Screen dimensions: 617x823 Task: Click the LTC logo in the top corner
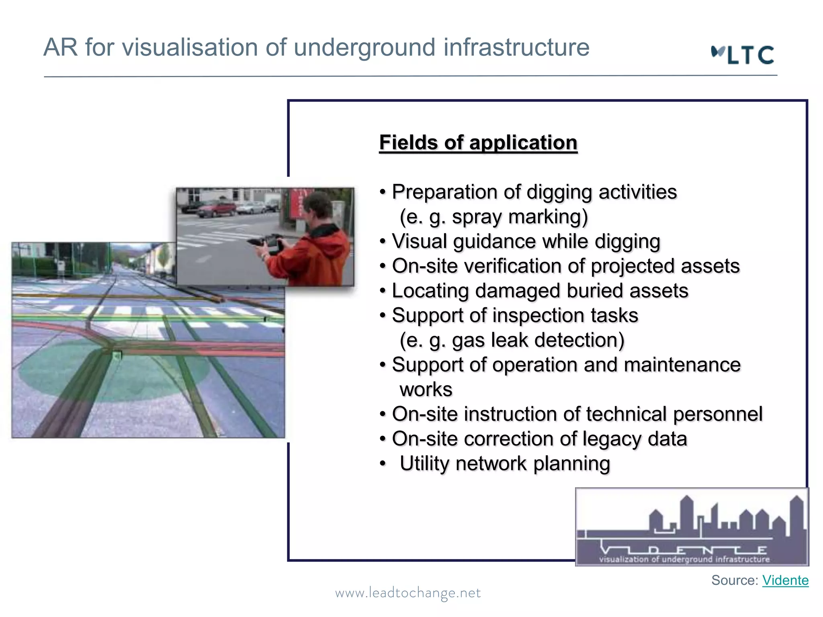point(743,55)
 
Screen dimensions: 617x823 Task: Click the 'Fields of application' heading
point(478,143)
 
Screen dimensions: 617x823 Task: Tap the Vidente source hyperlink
point(785,580)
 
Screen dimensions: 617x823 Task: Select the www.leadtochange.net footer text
point(408,593)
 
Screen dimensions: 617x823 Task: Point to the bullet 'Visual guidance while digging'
point(526,241)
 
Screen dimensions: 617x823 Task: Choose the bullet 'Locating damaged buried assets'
point(540,291)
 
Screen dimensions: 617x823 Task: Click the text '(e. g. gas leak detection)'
point(512,340)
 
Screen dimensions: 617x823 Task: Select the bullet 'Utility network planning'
point(505,464)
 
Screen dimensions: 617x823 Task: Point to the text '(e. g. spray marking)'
point(494,217)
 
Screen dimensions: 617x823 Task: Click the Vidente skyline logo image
point(692,527)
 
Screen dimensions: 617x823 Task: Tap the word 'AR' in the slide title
point(60,47)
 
